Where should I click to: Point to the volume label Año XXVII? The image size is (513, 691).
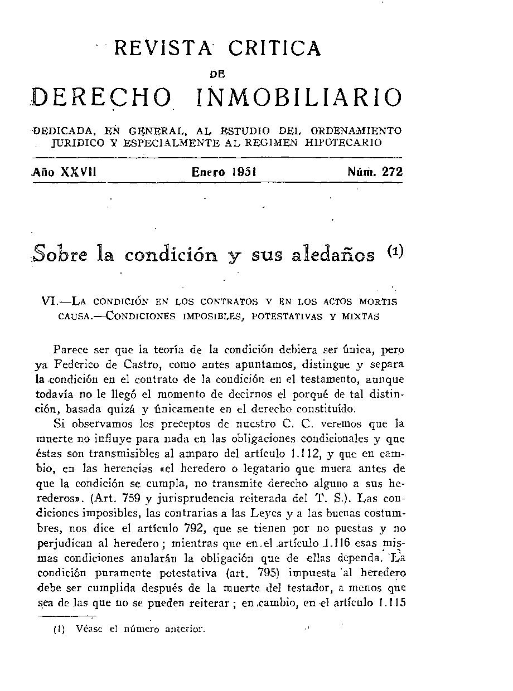click(x=65, y=172)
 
